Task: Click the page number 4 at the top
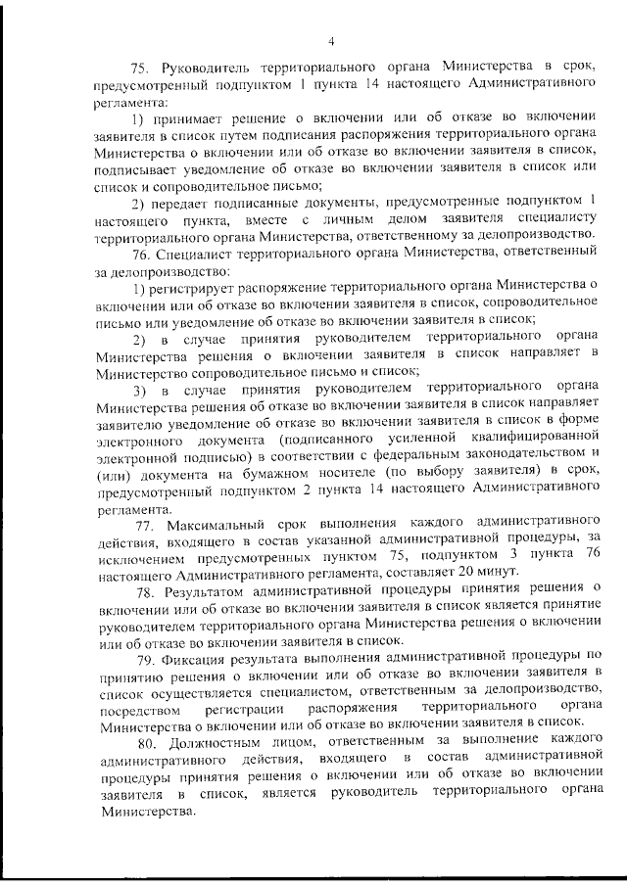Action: coord(332,41)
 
